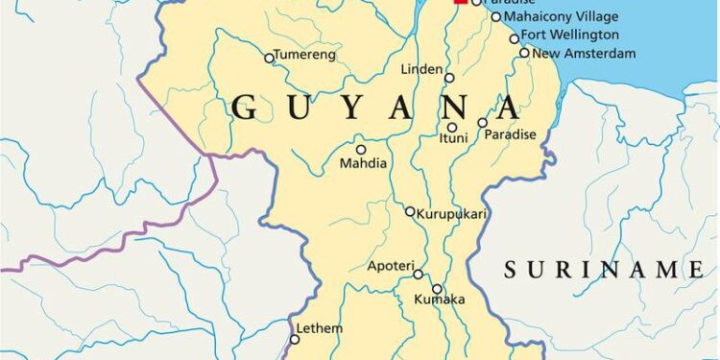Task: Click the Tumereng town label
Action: [x=305, y=55]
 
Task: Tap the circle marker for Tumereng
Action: [x=269, y=58]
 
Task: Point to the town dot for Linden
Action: [x=449, y=77]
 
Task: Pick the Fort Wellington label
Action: [x=570, y=35]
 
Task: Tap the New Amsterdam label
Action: [x=584, y=54]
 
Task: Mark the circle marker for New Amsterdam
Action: [x=524, y=53]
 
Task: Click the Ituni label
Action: [x=453, y=139]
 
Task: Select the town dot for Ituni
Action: [x=452, y=127]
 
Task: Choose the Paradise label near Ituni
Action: [x=510, y=134]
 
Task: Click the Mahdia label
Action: [x=364, y=163]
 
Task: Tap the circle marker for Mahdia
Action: [x=361, y=149]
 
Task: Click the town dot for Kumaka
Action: [x=437, y=288]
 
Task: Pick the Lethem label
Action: [x=320, y=328]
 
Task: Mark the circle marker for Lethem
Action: [x=296, y=339]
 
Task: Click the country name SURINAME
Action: [x=605, y=269]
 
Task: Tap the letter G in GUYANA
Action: [x=245, y=108]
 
